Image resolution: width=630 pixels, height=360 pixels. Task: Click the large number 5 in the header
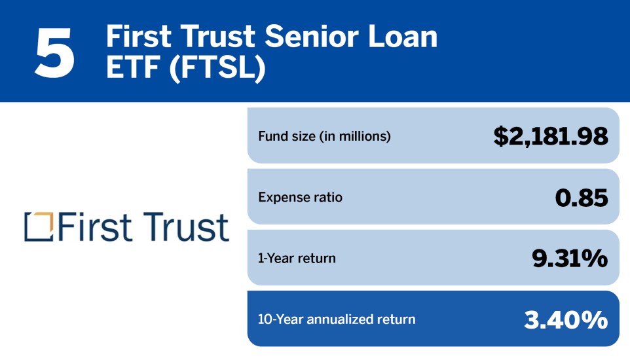pyautogui.click(x=55, y=53)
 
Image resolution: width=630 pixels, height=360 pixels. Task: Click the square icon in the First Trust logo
pyautogui.click(x=38, y=226)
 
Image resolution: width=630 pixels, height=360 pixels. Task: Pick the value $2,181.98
pyautogui.click(x=550, y=136)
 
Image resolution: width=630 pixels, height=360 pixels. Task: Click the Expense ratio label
pyautogui.click(x=300, y=197)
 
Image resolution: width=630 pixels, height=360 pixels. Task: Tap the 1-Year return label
pyautogui.click(x=297, y=258)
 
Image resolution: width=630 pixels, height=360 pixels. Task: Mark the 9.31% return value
pyautogui.click(x=569, y=258)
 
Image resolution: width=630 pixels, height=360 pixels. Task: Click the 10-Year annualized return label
pyautogui.click(x=337, y=319)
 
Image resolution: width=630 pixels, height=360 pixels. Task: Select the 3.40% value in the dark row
pyautogui.click(x=565, y=319)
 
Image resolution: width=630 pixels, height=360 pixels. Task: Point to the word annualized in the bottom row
pyautogui.click(x=339, y=319)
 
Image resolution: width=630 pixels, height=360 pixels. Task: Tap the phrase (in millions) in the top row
pyautogui.click(x=358, y=136)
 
